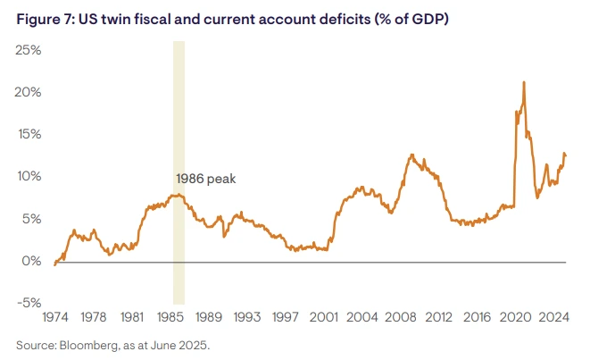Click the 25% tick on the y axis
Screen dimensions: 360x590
point(28,50)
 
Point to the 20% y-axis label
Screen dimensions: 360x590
point(28,93)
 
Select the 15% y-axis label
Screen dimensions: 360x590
point(28,135)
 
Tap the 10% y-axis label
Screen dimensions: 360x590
point(28,177)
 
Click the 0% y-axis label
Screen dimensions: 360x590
point(31,262)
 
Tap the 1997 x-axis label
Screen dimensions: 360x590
point(285,316)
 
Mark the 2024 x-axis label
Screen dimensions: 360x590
point(553,316)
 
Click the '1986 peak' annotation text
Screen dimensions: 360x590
point(205,179)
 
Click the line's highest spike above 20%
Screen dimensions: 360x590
point(523,83)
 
